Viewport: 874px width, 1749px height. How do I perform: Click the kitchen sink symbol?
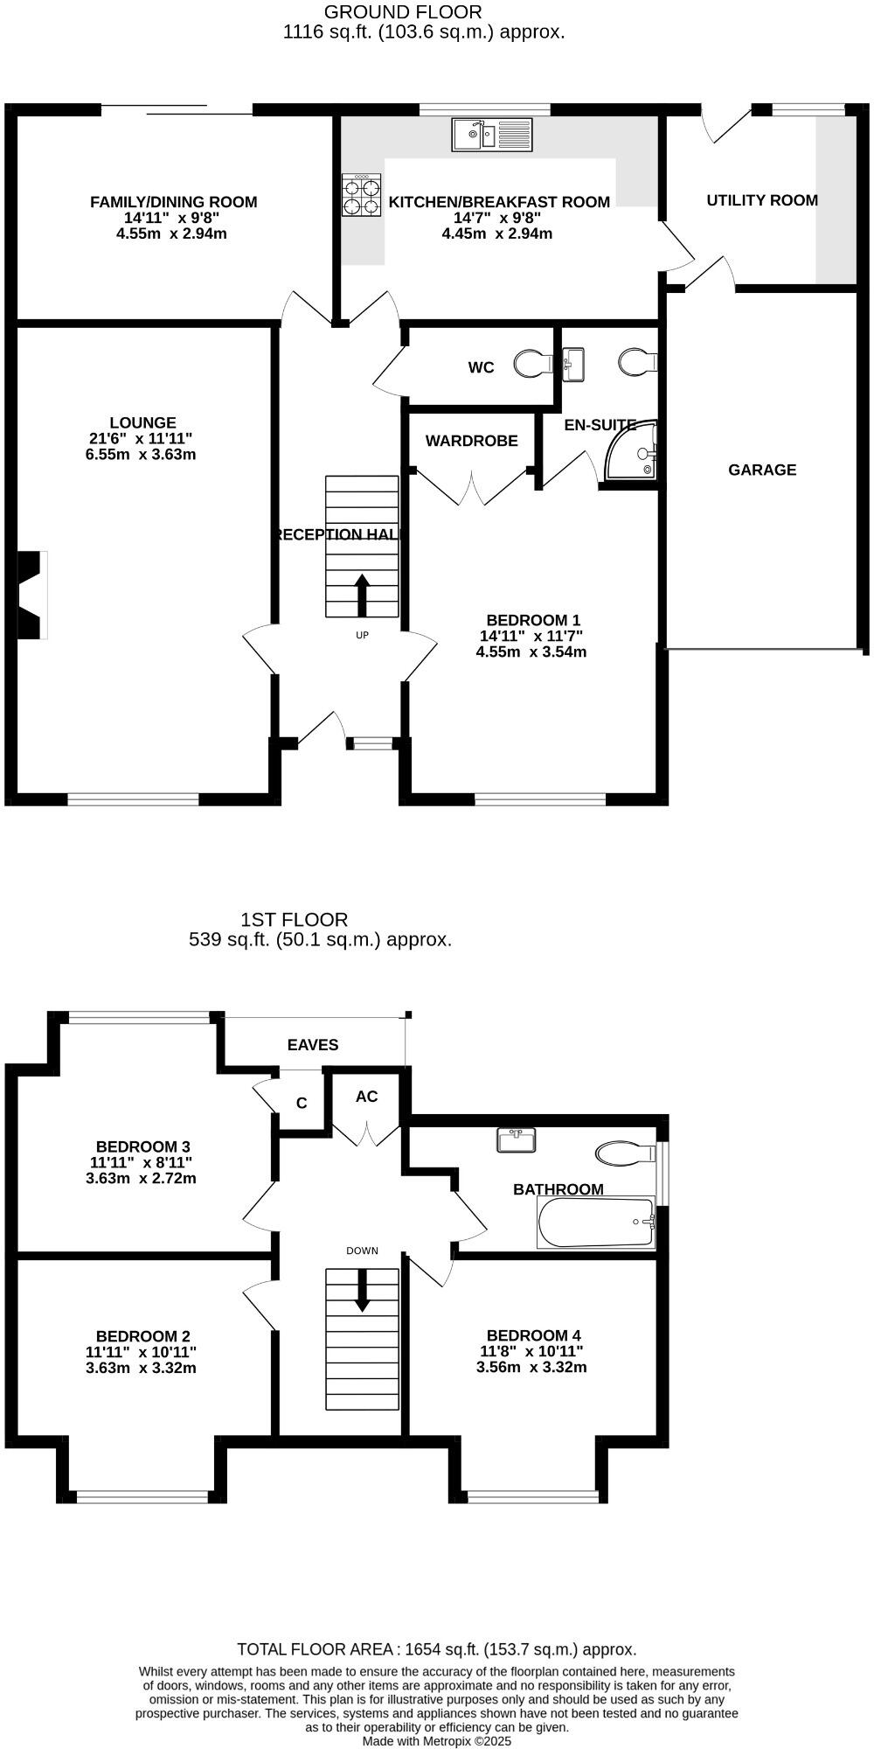[492, 135]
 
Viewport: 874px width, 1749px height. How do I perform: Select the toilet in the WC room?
[532, 363]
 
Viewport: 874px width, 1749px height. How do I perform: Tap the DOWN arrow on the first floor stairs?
[362, 1291]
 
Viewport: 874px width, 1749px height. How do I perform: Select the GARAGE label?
[762, 470]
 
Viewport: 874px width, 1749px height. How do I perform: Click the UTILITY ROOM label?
[762, 200]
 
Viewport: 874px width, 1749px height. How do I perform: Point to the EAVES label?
[313, 1045]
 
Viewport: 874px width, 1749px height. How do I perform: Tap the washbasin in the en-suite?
[574, 363]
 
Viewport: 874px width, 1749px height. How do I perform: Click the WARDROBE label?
[471, 441]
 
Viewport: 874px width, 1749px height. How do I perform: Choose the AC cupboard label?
[366, 1097]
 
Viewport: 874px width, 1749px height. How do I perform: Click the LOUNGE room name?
[142, 423]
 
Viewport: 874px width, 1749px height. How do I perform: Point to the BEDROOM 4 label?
[533, 1335]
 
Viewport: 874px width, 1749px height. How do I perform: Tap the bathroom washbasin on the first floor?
[516, 1140]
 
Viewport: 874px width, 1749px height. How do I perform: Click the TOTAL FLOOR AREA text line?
[437, 1649]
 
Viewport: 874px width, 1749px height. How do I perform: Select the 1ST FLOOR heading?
[294, 920]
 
